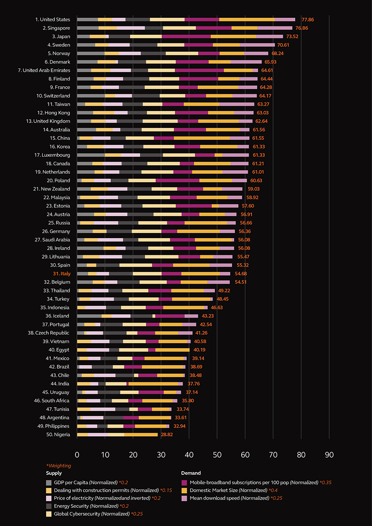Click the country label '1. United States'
pyautogui.click(x=52, y=19)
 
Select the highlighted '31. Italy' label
pyautogui.click(x=61, y=274)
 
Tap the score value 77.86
pyautogui.click(x=308, y=19)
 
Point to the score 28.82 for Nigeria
pyautogui.click(x=167, y=434)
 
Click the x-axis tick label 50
pyautogui.click(x=217, y=455)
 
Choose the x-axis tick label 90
pyautogui.click(x=329, y=455)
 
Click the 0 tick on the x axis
pyautogui.click(x=77, y=455)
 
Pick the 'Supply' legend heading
pyautogui.click(x=54, y=473)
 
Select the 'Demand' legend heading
pyautogui.click(x=191, y=473)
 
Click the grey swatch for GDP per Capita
pyautogui.click(x=49, y=482)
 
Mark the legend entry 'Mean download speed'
pyautogui.click(x=217, y=498)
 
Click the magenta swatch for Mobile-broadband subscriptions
pyautogui.click(x=184, y=482)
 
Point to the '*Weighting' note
pyautogui.click(x=58, y=466)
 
